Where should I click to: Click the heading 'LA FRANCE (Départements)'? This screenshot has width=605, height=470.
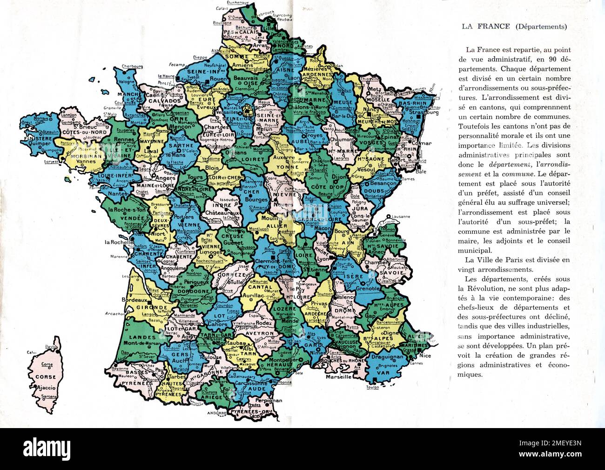(x=514, y=27)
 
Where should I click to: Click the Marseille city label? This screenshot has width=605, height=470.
(x=338, y=377)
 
